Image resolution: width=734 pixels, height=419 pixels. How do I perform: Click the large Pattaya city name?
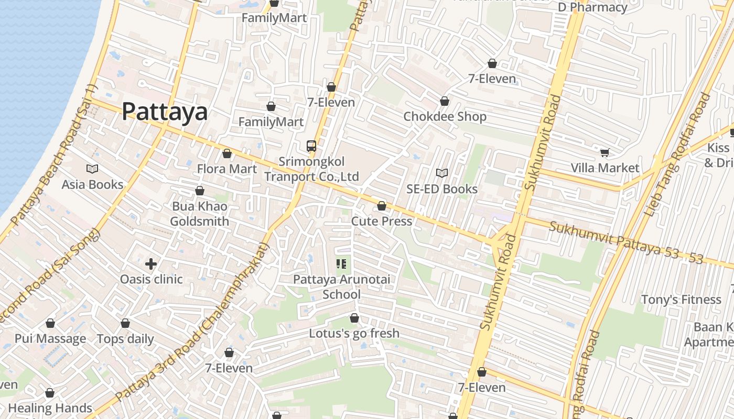165,112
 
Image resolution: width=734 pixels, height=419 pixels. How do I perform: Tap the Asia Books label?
92,184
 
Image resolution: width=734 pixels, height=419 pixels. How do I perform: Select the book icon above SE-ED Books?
442,173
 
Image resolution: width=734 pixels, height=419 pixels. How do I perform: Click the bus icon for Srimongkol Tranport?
311,146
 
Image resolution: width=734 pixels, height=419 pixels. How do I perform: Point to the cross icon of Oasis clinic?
151,264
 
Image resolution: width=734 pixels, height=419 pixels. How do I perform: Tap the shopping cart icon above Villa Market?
605,152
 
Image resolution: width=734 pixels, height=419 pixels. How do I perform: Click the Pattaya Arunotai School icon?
341,264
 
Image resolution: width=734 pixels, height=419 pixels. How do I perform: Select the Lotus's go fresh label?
354,333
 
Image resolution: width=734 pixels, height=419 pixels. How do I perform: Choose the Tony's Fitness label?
681,300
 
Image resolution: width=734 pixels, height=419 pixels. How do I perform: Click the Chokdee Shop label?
445,116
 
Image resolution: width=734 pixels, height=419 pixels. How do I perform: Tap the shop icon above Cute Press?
382,206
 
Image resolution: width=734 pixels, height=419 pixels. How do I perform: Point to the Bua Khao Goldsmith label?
200,214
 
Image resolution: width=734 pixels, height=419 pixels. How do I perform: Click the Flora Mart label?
226,169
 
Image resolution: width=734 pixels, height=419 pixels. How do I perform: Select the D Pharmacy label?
592,7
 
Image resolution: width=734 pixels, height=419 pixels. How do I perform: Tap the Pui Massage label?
50,338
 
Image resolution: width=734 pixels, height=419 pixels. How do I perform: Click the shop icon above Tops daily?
125,323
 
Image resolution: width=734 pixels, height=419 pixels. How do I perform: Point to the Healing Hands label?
50,407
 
